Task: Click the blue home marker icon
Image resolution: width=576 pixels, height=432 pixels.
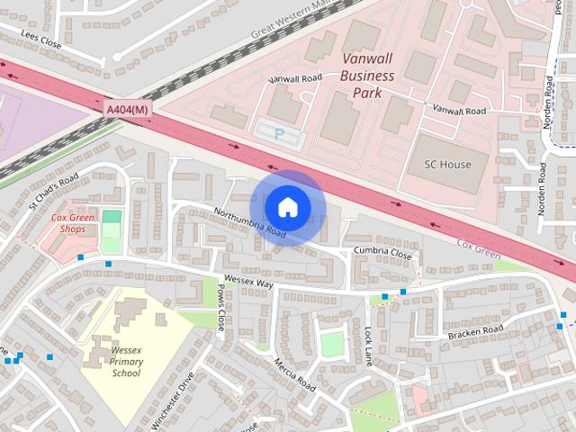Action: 287,207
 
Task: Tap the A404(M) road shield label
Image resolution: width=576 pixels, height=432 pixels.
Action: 127,109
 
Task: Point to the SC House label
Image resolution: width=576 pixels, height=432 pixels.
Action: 447,165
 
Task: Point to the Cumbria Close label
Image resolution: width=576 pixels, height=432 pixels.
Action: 382,255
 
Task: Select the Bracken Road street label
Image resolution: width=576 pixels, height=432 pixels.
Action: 476,334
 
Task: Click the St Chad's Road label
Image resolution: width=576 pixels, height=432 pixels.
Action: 53,191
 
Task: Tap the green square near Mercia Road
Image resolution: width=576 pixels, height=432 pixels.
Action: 332,345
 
